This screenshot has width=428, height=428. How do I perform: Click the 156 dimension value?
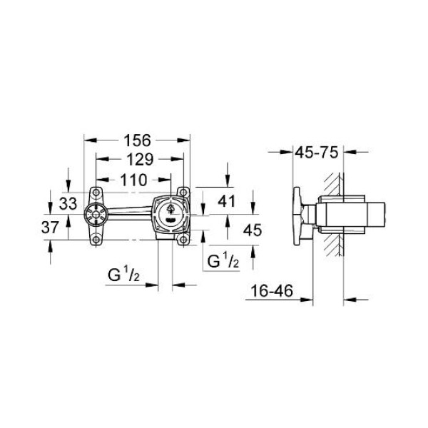click(x=137, y=141)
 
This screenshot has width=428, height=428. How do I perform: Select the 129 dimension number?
click(x=140, y=159)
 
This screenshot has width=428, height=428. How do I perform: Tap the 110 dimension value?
click(x=134, y=180)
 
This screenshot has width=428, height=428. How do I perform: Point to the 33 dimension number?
click(x=68, y=203)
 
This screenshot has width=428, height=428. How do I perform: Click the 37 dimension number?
click(x=50, y=227)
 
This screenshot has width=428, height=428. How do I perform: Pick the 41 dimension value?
click(x=227, y=201)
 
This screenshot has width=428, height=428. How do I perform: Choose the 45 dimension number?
click(x=253, y=230)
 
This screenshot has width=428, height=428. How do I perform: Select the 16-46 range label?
click(x=272, y=291)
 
